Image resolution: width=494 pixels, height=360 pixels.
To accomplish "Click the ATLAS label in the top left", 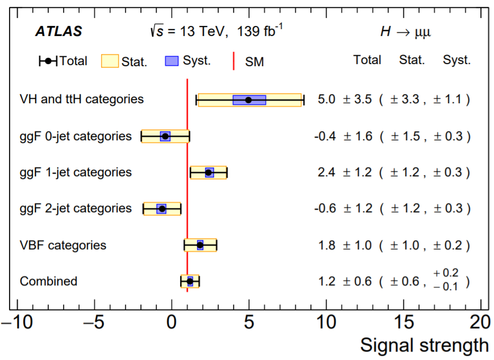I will (x=59, y=31).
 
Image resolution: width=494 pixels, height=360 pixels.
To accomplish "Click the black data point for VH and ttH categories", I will (x=249, y=100).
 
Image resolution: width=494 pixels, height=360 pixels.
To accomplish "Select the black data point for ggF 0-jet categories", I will (x=165, y=136).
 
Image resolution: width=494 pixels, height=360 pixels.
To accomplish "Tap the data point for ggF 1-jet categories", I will (x=209, y=173).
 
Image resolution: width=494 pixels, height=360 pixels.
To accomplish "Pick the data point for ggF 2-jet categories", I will (x=162, y=209).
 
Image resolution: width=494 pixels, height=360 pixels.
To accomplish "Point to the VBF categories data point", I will (x=200, y=245).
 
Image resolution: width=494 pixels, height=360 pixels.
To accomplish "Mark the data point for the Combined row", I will (x=190, y=281).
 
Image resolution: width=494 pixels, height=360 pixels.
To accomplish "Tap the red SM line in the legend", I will (x=233, y=61).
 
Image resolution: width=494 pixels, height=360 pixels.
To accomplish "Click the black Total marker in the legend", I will (x=48, y=61).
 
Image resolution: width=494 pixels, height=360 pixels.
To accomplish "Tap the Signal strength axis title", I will (x=425, y=345).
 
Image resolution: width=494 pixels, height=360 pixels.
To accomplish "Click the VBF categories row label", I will (x=63, y=245).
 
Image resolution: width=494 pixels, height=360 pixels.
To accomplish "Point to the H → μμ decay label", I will (x=406, y=32).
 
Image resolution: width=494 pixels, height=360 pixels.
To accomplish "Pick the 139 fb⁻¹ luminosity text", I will (x=260, y=31).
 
